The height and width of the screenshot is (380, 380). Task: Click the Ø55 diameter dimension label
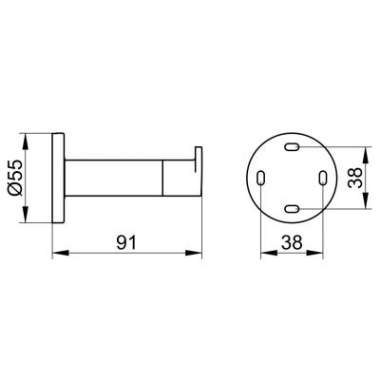pyautogui.click(x=15, y=178)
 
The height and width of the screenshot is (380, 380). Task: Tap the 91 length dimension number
pyautogui.click(x=126, y=242)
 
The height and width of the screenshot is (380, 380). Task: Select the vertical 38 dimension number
pyautogui.click(x=354, y=178)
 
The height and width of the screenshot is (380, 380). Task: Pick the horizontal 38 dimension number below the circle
pyautogui.click(x=292, y=243)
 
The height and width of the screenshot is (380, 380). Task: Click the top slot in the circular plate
pyautogui.click(x=292, y=147)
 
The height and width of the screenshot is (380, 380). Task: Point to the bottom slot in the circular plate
pyautogui.click(x=292, y=209)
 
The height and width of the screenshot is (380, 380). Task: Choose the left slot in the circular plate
pyautogui.click(x=260, y=178)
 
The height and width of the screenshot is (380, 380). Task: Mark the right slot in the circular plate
pyautogui.click(x=323, y=178)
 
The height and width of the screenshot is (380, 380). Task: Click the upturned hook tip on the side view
pyautogui.click(x=199, y=155)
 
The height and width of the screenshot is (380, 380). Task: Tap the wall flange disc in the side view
pyautogui.click(x=59, y=178)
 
